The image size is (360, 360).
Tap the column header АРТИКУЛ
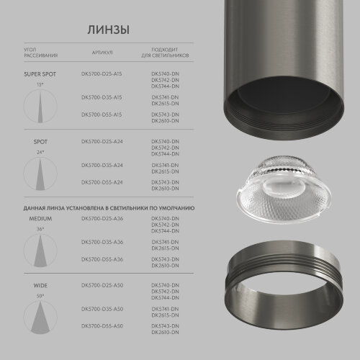pos(102,53)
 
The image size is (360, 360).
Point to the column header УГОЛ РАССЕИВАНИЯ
pos(40,53)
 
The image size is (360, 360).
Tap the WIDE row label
pos(40,286)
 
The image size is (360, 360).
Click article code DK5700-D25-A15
pos(102,73)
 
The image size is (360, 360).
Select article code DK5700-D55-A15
pos(102,114)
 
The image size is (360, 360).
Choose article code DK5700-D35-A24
pos(102,164)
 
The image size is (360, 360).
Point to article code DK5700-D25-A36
pos(102,217)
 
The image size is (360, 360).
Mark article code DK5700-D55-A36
pos(102,258)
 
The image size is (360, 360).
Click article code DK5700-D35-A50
pos(102,308)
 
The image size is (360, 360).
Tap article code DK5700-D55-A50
pos(102,328)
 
